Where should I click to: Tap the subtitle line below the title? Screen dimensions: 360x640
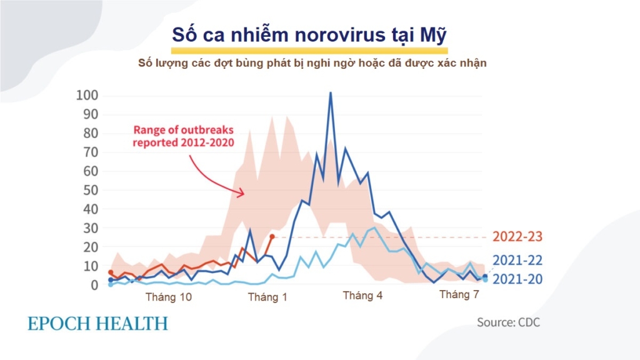(x=312, y=63)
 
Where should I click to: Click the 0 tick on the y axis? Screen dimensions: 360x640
(x=94, y=285)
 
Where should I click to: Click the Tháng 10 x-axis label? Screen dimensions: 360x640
(x=169, y=297)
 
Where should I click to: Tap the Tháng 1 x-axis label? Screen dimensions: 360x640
(x=267, y=297)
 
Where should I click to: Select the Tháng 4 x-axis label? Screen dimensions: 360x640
(x=362, y=296)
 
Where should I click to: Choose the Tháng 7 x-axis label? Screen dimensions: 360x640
(x=459, y=294)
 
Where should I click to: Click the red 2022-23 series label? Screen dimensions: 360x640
(x=517, y=237)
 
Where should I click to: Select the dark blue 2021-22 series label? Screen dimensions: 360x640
(x=517, y=261)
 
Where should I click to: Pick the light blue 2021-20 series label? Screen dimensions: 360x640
(x=517, y=279)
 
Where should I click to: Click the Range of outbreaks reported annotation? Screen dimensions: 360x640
(x=182, y=136)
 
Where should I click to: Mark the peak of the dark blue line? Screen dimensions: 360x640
(x=330, y=93)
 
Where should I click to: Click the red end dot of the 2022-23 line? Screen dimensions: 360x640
(x=271, y=237)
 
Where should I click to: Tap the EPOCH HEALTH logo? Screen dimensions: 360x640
(x=97, y=324)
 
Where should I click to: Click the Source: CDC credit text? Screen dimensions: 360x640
(x=508, y=322)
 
